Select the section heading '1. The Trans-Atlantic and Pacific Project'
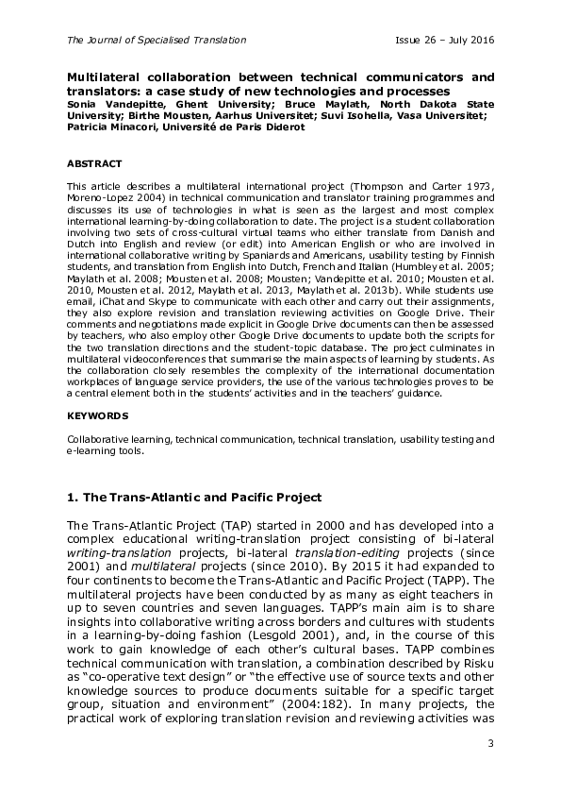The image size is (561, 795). click(x=194, y=498)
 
